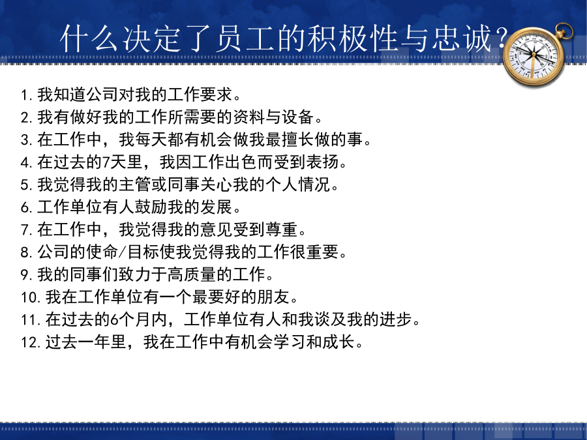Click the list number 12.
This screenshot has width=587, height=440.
[30, 342]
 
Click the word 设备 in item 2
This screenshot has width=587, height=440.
[298, 117]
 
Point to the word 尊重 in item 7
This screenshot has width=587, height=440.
[282, 229]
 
